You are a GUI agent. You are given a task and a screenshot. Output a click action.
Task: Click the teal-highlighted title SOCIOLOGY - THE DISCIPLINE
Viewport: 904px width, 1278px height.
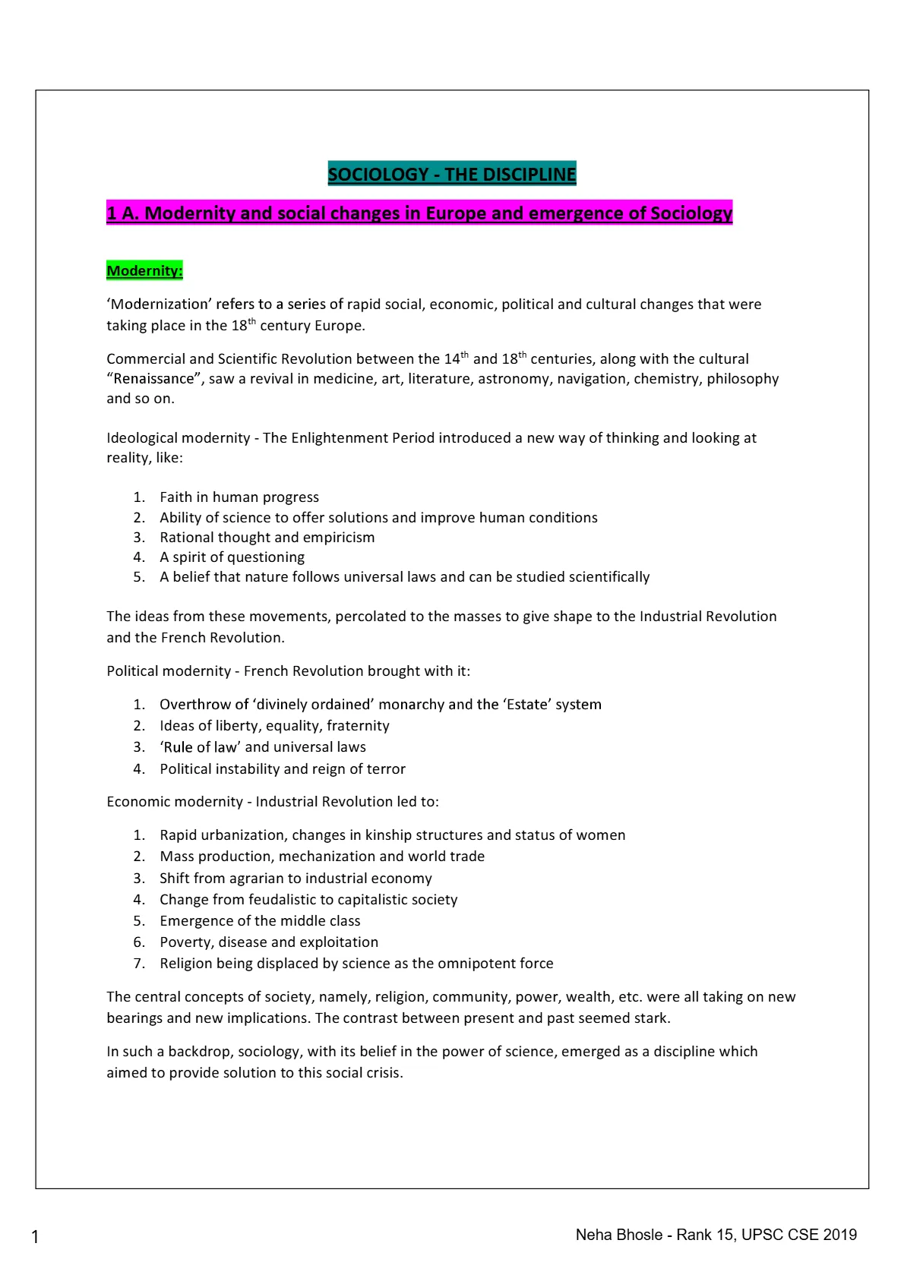pos(452,174)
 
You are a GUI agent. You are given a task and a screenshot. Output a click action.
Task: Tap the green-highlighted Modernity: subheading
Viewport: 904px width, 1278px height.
pos(144,270)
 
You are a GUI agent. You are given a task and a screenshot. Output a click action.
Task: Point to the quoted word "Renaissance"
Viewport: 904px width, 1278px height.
pos(153,378)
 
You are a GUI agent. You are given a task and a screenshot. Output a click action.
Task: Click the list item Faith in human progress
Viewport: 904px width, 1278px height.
pos(239,497)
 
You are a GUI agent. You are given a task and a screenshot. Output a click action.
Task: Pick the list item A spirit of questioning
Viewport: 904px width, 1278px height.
pos(232,557)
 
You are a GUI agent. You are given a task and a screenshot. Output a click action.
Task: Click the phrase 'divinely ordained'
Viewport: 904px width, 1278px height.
pos(314,704)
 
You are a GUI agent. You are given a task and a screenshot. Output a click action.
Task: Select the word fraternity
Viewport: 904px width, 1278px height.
pos(358,725)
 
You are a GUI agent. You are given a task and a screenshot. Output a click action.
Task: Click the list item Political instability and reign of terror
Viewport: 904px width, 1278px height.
pos(283,768)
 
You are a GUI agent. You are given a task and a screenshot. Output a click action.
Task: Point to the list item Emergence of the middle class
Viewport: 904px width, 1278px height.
pos(260,920)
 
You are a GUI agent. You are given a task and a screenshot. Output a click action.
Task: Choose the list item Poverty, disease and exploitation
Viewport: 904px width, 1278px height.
pos(269,942)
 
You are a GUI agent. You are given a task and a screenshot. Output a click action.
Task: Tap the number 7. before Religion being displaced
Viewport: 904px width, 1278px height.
pos(139,963)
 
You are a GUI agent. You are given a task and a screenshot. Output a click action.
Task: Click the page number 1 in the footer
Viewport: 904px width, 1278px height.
pos(35,1237)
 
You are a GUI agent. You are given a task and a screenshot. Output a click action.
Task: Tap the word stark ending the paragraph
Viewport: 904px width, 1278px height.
pos(651,1018)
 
